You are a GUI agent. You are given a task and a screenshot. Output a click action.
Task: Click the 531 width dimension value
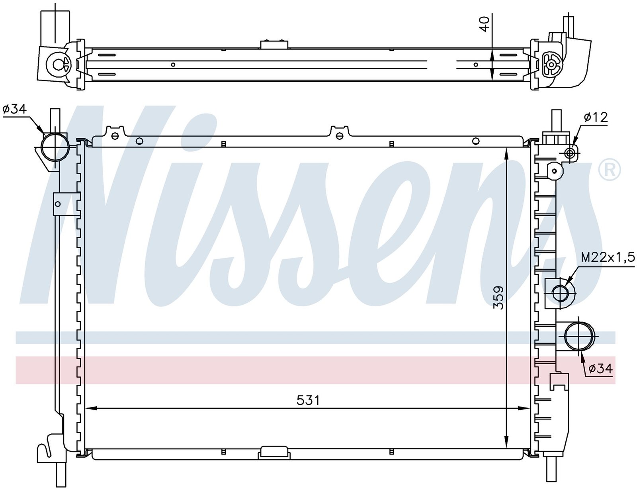click(x=307, y=400)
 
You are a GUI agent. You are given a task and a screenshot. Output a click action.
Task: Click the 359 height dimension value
click(x=498, y=297)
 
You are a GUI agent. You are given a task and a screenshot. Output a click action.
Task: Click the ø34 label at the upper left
click(x=15, y=109)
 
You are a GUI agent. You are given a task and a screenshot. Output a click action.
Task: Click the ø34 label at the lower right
click(x=600, y=368)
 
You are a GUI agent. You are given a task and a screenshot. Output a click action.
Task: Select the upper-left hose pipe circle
click(x=55, y=147)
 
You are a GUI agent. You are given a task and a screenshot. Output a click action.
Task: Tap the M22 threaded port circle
click(x=560, y=293)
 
